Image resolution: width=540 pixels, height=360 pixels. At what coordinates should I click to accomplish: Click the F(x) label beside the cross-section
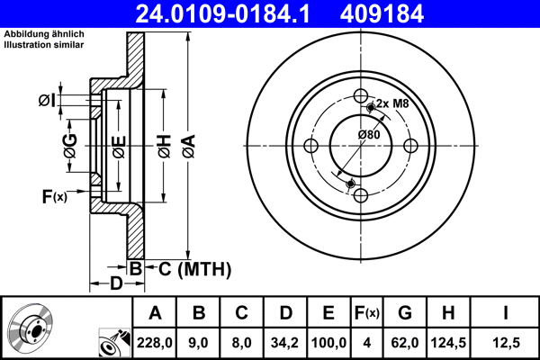point(54,196)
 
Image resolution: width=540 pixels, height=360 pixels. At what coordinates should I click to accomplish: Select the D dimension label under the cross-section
point(115,284)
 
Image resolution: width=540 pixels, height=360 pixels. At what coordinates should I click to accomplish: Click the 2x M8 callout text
point(392,103)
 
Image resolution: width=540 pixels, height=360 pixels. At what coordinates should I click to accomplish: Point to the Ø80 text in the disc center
point(368,134)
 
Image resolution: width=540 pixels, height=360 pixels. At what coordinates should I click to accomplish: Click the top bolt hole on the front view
point(360,96)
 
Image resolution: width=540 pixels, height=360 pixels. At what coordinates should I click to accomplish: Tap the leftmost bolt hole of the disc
point(311,147)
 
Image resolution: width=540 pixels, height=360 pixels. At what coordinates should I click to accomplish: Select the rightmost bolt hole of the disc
point(410,146)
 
